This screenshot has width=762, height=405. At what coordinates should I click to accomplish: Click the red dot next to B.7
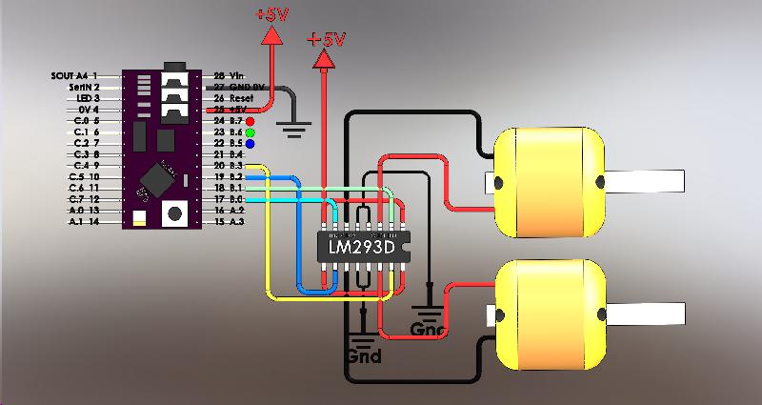tap(250, 122)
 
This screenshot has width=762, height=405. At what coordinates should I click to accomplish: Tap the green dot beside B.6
tap(250, 132)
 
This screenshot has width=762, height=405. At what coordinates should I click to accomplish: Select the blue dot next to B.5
tap(250, 143)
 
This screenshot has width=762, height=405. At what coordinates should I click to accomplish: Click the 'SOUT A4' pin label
tap(70, 74)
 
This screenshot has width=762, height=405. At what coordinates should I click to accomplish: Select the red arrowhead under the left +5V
tap(271, 34)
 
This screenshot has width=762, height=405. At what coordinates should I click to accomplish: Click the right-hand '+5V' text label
tap(326, 40)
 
